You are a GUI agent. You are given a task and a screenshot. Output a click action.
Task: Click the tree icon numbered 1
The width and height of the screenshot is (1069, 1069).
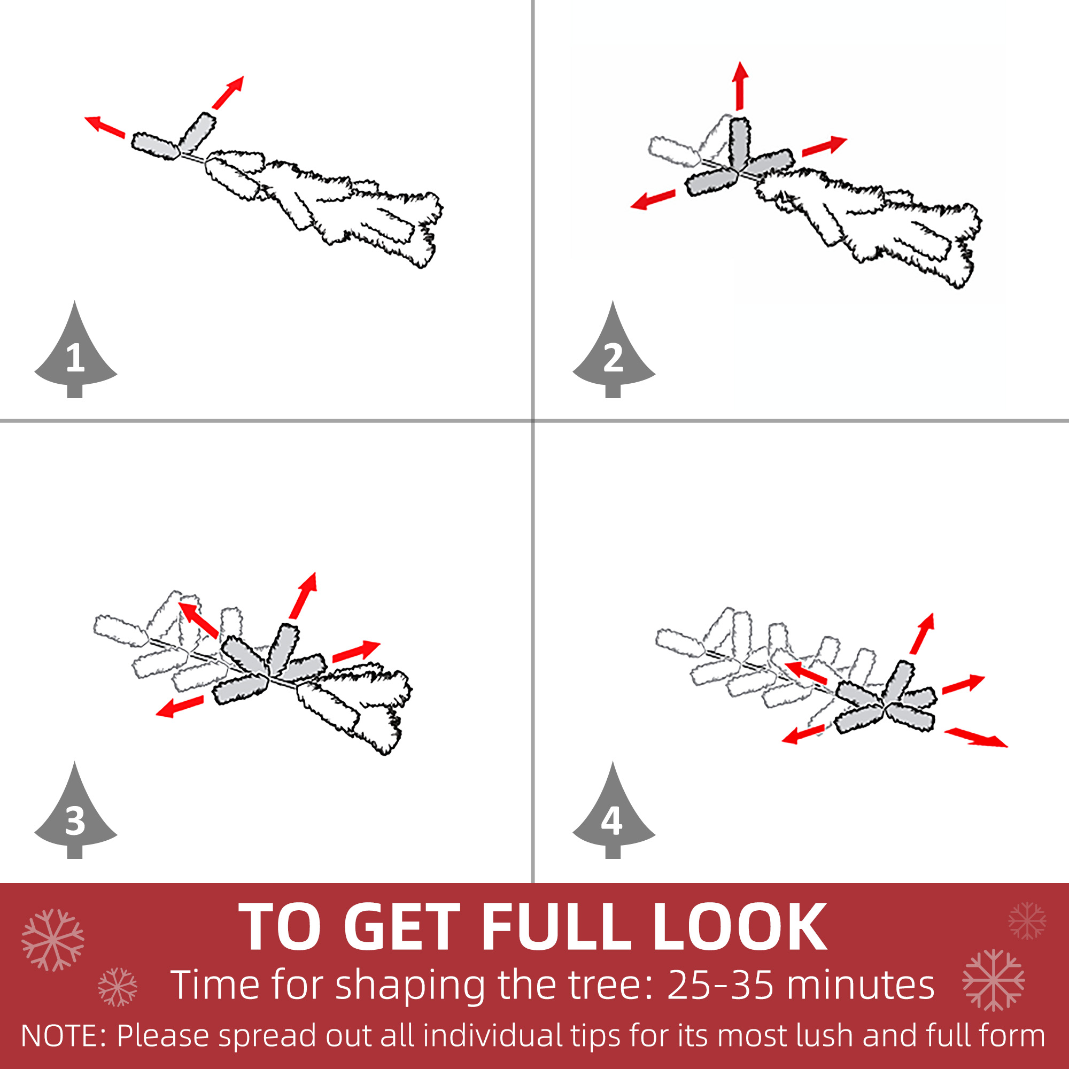(x=76, y=354)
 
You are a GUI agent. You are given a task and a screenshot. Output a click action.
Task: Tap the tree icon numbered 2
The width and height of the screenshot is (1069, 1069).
(x=614, y=354)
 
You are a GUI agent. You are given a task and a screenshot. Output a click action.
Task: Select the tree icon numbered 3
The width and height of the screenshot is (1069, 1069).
(x=76, y=815)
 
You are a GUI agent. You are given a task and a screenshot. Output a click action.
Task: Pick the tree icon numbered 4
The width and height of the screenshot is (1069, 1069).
(x=614, y=815)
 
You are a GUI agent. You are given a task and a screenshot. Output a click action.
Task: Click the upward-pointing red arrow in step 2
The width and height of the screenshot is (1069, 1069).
(x=740, y=86)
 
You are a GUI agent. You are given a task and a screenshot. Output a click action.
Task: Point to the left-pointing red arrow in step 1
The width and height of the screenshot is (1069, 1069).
(x=105, y=127)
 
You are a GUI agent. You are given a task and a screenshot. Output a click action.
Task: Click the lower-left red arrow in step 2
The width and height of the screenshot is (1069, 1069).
(x=653, y=200)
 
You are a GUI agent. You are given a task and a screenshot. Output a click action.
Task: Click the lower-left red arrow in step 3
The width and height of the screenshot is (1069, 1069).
(x=179, y=707)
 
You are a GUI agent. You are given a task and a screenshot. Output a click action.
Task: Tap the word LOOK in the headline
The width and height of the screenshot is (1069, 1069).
(x=740, y=927)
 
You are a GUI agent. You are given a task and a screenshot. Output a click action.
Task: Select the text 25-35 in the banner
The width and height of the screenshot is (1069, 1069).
(x=721, y=986)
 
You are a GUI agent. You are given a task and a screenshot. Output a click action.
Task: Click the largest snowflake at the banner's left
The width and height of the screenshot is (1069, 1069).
(x=53, y=940)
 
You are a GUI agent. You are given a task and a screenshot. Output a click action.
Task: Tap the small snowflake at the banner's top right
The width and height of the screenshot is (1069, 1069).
(x=1027, y=921)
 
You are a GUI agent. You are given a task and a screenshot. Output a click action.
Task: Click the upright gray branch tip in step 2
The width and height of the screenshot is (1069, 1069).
(x=739, y=143)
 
